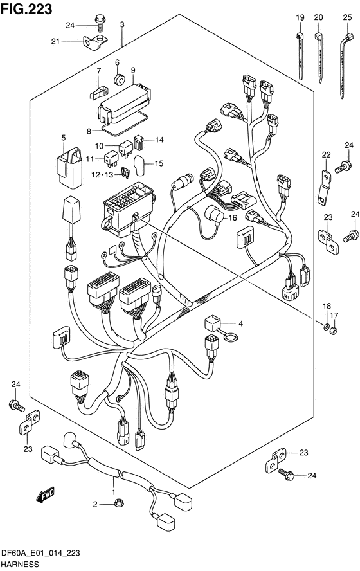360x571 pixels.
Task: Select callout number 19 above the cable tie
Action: pos(300,17)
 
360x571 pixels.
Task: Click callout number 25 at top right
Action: pos(348,17)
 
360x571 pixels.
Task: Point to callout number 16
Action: pos(233,218)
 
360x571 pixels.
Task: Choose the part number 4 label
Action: pos(240,323)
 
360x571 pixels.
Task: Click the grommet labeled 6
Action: pos(119,79)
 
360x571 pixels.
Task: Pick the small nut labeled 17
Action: pos(333,331)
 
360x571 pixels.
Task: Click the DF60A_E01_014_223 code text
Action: pos(40,554)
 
